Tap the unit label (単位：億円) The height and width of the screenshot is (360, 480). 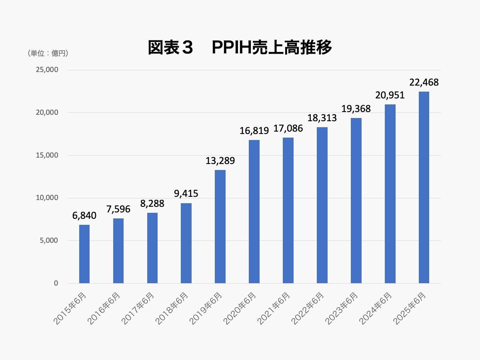48,53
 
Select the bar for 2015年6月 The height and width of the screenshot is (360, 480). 84,254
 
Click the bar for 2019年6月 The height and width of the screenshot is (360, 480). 220,226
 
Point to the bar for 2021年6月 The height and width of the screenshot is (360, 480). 288,210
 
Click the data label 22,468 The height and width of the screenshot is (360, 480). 424,83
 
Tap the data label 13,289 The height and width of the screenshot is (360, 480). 220,161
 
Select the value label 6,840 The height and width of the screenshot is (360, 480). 84,216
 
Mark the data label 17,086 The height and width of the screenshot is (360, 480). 288,129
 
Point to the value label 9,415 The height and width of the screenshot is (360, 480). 186,194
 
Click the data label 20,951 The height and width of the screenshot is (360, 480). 390,95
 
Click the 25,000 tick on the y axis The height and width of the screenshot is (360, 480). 47,70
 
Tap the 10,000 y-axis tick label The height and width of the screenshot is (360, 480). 47,198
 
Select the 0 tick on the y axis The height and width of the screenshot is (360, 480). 56,283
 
